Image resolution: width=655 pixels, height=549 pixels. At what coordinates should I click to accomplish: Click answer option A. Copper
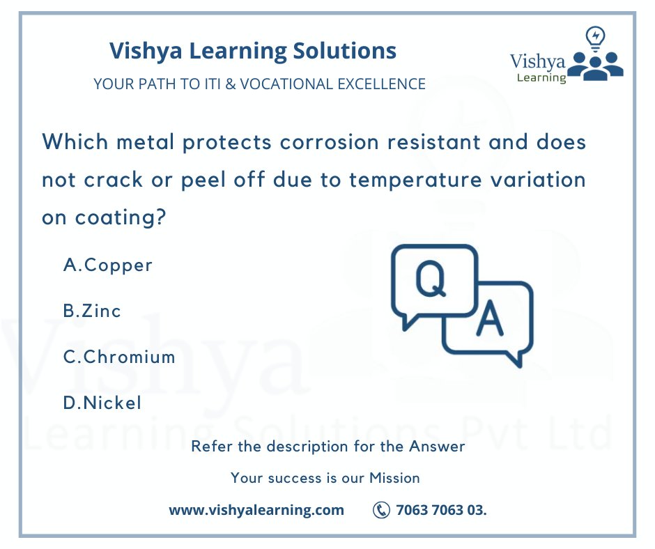click(x=107, y=265)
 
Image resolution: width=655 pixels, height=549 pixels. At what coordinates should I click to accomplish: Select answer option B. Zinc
click(x=92, y=311)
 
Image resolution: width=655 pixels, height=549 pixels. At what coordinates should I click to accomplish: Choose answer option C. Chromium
click(x=119, y=357)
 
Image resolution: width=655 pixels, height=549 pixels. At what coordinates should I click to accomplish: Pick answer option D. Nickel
click(x=102, y=403)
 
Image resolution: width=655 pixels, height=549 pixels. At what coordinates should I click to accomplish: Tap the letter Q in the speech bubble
click(x=430, y=279)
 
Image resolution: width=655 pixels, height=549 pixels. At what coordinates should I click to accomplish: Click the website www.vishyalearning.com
click(x=256, y=510)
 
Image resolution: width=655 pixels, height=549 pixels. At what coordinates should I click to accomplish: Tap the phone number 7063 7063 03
click(x=441, y=510)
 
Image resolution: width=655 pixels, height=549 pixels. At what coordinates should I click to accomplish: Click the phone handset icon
click(x=381, y=510)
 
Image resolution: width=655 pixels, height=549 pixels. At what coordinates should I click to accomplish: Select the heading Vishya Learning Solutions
click(x=253, y=50)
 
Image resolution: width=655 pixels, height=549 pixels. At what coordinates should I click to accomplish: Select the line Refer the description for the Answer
click(x=327, y=446)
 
